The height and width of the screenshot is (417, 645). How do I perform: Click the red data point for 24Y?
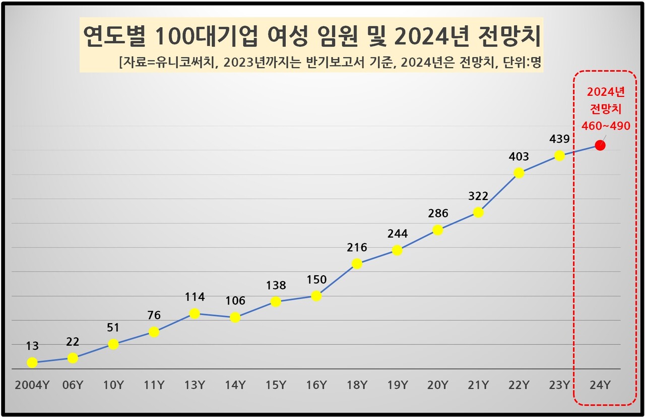point(600,145)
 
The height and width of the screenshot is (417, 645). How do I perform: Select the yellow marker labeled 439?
point(559,156)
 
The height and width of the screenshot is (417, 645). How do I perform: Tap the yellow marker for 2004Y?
point(32,363)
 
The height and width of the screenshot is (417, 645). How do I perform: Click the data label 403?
point(519,157)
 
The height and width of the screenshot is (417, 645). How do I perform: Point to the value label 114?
point(195,297)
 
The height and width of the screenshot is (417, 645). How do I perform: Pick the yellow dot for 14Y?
point(235,318)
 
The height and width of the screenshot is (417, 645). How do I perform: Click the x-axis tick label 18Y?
point(357,386)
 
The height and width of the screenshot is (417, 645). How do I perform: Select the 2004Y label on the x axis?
point(32,386)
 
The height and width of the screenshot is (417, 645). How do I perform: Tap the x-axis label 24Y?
point(600,386)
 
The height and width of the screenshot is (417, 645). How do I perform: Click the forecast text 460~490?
point(606,126)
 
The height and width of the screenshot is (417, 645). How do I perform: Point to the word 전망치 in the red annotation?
point(606,109)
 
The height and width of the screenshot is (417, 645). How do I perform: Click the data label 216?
point(357,248)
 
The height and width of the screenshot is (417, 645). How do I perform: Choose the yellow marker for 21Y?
point(478,213)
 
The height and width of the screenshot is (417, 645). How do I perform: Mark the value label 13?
point(32,346)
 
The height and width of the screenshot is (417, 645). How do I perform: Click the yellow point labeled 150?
point(316,296)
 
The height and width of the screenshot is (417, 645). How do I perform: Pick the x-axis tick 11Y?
point(154,386)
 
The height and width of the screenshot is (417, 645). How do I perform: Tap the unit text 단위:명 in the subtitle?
point(521,62)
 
